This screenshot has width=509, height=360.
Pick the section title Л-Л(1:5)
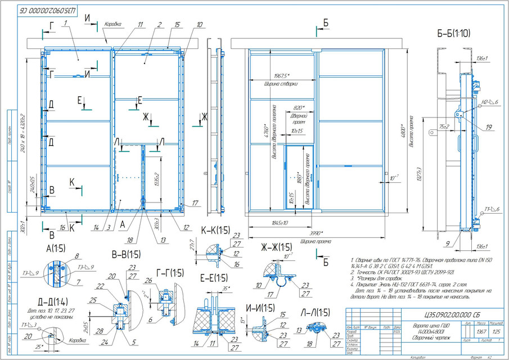pyautogui.click(x=313, y=312)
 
